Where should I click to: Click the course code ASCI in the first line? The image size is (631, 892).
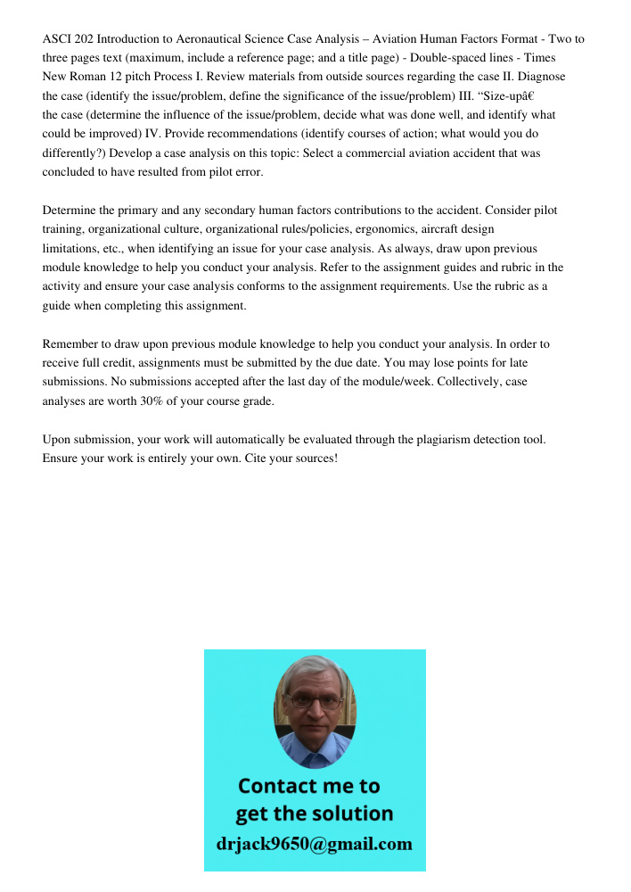56,39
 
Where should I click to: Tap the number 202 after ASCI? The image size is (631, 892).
85,39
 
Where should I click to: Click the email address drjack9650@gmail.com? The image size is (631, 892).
315,843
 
